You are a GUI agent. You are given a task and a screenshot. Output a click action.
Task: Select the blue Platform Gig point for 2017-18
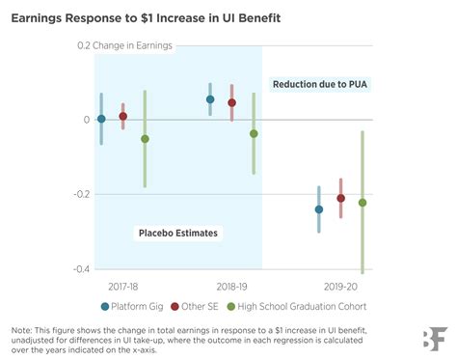click(101, 119)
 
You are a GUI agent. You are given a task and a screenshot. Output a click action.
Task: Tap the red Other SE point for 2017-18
click(122, 116)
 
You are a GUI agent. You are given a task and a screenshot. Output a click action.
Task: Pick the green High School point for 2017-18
click(145, 139)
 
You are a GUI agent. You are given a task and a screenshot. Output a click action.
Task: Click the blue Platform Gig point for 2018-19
click(210, 99)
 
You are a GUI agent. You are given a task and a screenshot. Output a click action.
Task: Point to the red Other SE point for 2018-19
click(231, 102)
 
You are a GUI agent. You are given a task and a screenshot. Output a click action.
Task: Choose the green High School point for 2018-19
click(254, 133)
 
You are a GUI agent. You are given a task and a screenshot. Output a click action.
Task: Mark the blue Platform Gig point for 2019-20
click(319, 209)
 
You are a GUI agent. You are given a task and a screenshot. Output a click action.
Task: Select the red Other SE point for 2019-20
click(340, 198)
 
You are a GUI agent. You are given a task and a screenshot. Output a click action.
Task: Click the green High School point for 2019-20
click(363, 203)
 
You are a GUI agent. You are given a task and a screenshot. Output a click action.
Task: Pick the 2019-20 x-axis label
click(340, 286)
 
